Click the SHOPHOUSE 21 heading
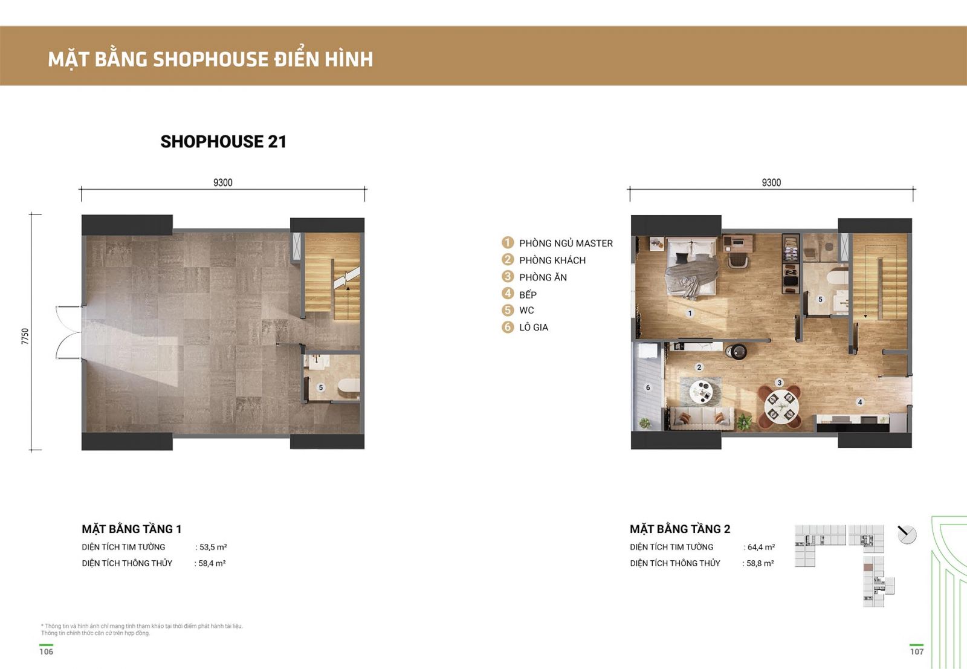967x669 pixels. point(223,141)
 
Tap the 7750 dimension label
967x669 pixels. point(25,336)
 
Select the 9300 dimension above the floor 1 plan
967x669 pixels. point(223,183)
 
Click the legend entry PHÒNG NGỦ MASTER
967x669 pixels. point(566,244)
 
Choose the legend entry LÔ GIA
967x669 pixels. point(534,328)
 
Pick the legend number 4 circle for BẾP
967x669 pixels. point(508,294)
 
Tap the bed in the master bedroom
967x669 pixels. point(692,268)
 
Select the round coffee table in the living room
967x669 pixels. point(701,392)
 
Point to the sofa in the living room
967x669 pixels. point(699,419)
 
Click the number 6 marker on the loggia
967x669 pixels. point(647,387)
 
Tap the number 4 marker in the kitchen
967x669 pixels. point(859,402)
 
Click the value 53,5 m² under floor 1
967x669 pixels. point(213,548)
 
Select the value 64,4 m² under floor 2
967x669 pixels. point(761,548)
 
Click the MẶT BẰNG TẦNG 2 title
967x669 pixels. point(680,529)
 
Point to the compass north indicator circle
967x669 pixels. point(907,535)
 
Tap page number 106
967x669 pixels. point(46,651)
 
